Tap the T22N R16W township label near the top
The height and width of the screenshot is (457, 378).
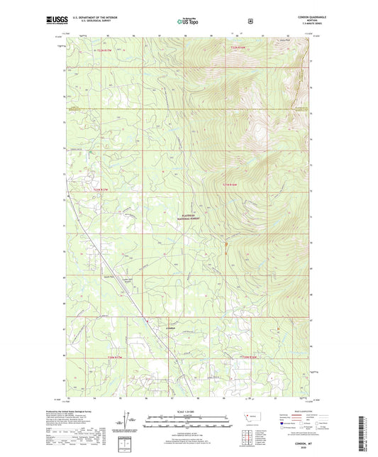(x=242, y=48)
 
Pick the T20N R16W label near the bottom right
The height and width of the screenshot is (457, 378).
(x=251, y=357)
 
